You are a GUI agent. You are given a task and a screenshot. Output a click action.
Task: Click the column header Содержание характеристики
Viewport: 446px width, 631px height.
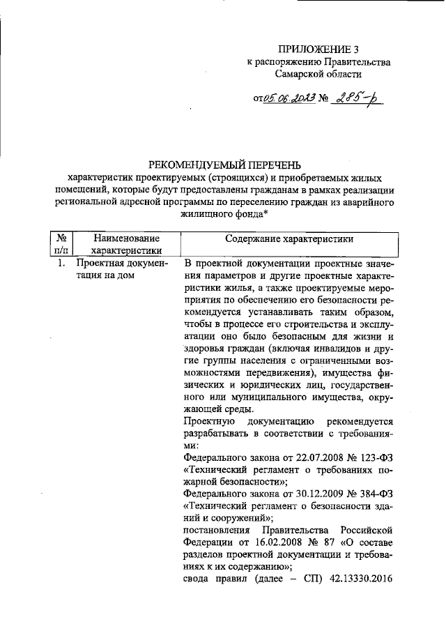[x=289, y=238]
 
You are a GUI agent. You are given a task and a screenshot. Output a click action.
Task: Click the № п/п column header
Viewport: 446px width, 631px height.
[x=61, y=245]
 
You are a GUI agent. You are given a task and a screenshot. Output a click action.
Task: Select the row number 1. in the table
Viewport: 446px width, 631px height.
[x=61, y=263]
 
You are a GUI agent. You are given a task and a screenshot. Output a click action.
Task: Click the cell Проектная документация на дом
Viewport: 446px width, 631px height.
[x=122, y=269]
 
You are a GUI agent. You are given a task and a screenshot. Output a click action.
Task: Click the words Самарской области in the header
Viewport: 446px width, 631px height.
[x=318, y=74]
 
